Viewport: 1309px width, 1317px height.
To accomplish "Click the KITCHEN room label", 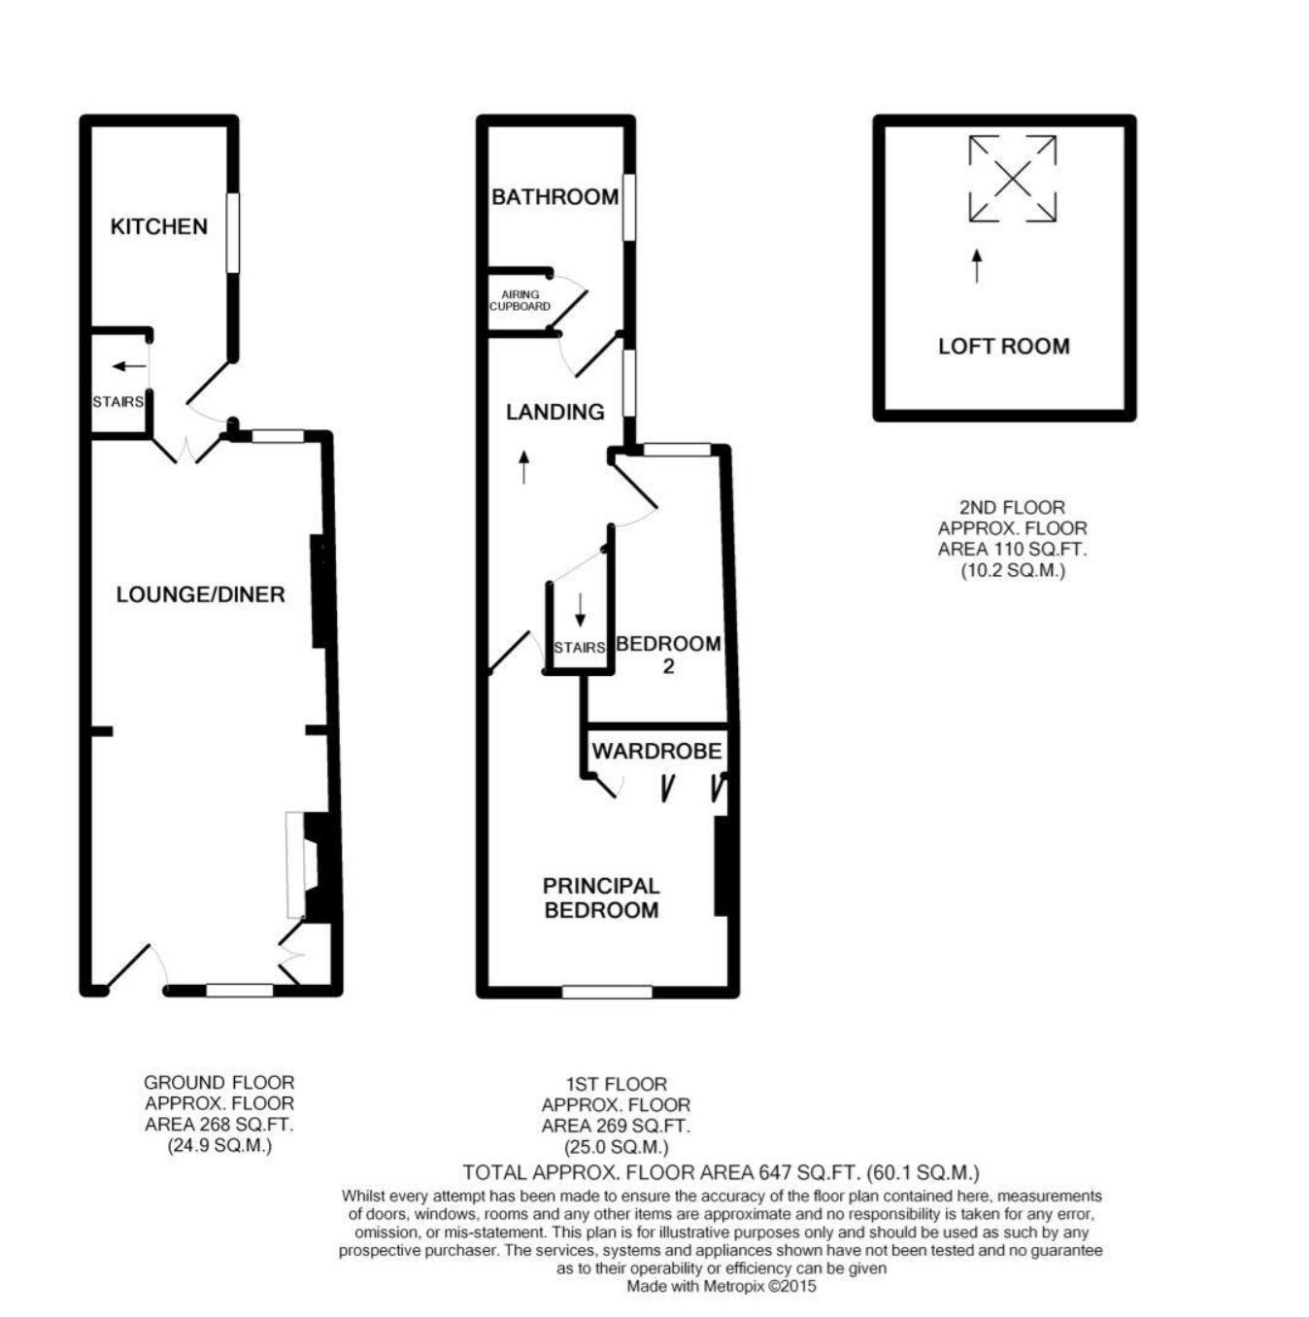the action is click(158, 226).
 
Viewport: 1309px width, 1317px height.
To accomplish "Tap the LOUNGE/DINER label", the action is click(200, 594).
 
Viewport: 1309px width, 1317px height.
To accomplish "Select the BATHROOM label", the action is click(555, 197).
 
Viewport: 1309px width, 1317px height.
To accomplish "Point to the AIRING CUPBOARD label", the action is click(520, 300).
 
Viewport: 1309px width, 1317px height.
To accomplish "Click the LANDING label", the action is click(555, 412).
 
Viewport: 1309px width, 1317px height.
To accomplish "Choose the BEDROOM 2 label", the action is click(668, 654).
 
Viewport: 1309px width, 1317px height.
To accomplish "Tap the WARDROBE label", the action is click(656, 751).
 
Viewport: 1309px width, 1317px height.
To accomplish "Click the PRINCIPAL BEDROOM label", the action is click(601, 897).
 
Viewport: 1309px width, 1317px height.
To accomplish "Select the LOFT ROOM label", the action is click(1003, 346).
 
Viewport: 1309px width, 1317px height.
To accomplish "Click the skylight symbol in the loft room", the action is click(1013, 179).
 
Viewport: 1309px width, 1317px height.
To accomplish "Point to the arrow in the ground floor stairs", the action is click(129, 366).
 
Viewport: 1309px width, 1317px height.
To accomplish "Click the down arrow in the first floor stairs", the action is click(580, 610).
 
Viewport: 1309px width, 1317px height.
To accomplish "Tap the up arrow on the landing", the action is click(523, 467).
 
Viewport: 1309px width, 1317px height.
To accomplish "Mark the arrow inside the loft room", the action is click(977, 266).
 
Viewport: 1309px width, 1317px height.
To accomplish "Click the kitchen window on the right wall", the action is click(233, 233).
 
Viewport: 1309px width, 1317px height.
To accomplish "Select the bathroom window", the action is click(629, 207).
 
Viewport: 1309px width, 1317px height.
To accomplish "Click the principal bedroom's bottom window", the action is click(607, 991).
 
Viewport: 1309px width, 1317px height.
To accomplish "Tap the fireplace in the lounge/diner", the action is click(311, 865).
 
